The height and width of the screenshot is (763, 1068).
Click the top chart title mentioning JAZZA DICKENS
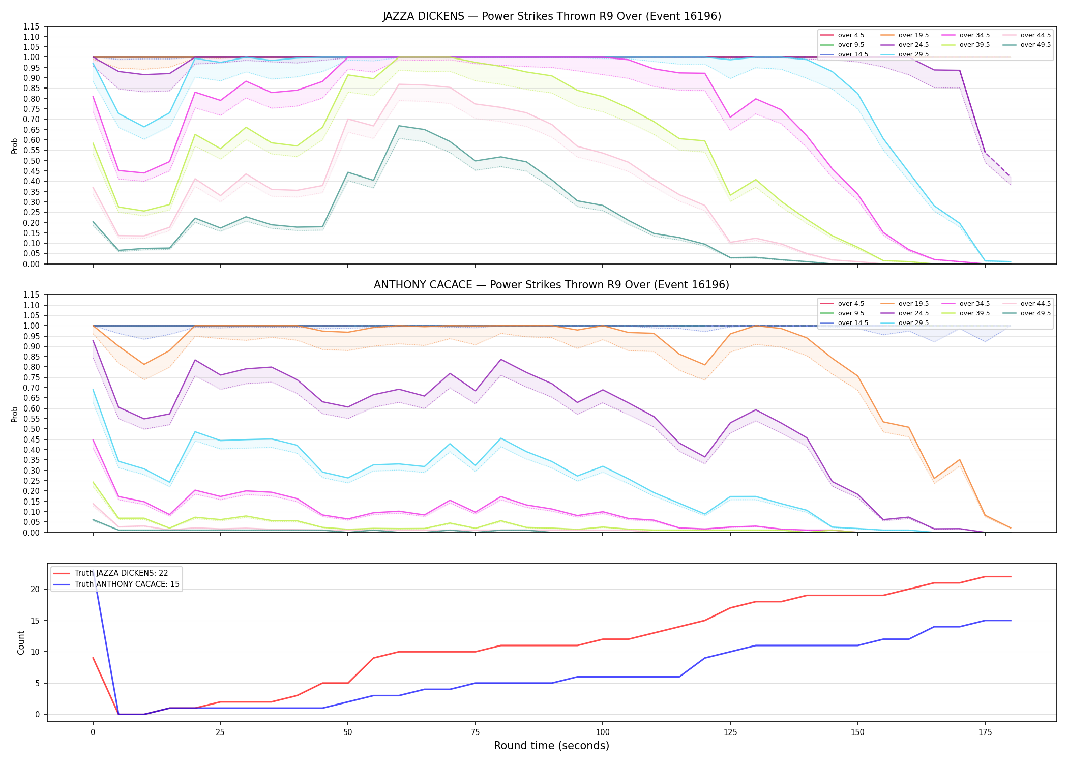(552, 16)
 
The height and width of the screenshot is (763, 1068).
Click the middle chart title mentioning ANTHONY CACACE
(552, 285)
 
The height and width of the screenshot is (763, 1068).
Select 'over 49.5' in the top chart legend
(1035, 45)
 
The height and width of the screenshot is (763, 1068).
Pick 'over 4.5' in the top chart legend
(851, 35)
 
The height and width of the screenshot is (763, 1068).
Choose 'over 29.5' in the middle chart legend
(913, 323)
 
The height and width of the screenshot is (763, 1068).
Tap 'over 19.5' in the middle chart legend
(913, 304)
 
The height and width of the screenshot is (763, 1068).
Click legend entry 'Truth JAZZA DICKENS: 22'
(121, 573)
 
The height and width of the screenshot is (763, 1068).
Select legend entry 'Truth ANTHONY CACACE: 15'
(127, 584)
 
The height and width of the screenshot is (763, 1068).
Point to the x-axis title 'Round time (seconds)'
(552, 746)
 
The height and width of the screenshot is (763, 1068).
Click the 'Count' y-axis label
(21, 642)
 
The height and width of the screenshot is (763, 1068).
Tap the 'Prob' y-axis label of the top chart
(15, 145)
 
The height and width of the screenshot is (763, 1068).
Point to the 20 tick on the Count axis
(36, 589)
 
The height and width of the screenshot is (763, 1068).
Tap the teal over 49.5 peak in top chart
(399, 126)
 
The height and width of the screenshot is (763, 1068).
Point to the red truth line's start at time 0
(93, 658)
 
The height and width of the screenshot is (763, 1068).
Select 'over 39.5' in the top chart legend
(974, 45)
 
